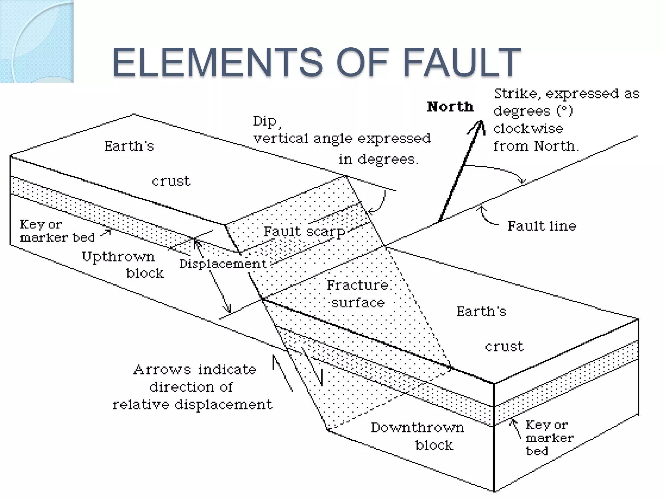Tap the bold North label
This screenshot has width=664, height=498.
[450, 107]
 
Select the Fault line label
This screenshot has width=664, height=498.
[542, 226]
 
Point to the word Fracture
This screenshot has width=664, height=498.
[357, 285]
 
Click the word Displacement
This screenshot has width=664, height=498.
[223, 264]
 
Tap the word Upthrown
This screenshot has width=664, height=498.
[118, 257]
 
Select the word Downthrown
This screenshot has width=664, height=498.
[417, 428]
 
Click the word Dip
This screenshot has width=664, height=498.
[265, 121]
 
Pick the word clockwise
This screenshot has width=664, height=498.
[528, 129]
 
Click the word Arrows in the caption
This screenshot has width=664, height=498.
[162, 370]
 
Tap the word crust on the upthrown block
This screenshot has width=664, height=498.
[171, 181]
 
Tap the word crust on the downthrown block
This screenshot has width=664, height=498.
[504, 346]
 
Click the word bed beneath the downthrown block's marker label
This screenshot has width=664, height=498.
[537, 451]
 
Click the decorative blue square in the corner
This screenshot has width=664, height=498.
[37, 41]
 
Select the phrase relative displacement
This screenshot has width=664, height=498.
[192, 405]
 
